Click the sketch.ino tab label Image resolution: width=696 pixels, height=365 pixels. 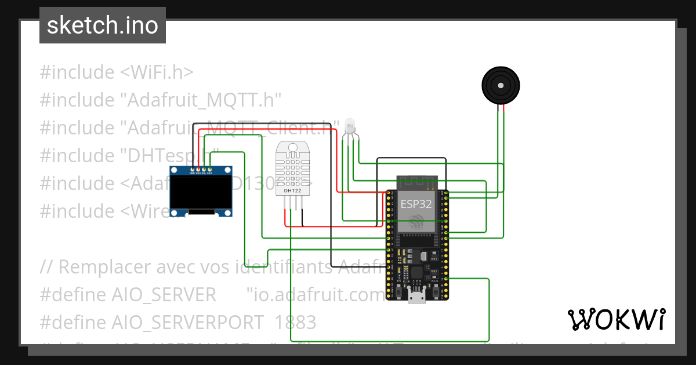click(x=102, y=25)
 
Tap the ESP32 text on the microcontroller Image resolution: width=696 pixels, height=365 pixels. click(x=416, y=204)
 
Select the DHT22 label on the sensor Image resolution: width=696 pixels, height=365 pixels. click(x=292, y=190)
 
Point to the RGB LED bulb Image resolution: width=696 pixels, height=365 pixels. click(x=349, y=125)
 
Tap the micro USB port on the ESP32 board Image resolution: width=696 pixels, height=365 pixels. click(x=415, y=297)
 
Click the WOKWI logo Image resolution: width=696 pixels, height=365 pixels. click(x=616, y=319)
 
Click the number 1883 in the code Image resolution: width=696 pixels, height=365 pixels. click(x=296, y=322)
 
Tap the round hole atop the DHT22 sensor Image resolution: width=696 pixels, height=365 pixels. click(x=292, y=148)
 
